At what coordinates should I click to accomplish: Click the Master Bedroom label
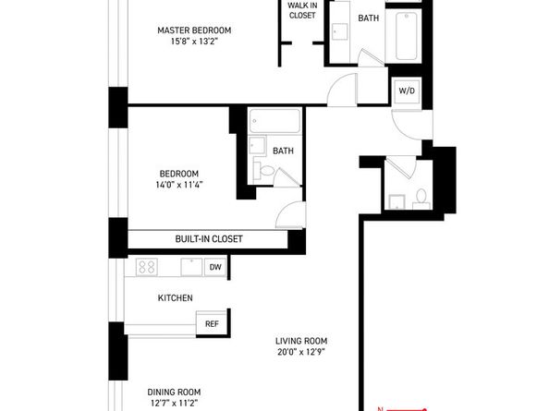click(193, 30)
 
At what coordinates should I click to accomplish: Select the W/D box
click(406, 91)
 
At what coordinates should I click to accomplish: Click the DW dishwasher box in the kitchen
click(214, 267)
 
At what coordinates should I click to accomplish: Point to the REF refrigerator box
click(212, 323)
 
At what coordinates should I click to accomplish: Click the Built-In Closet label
click(209, 239)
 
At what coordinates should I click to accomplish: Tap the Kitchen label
click(175, 297)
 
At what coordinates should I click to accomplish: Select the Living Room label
click(300, 339)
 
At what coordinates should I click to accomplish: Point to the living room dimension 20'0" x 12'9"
click(300, 351)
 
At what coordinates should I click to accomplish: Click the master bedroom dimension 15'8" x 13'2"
click(193, 42)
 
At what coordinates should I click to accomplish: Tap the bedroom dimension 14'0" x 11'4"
click(180, 185)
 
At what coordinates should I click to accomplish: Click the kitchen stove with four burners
click(147, 267)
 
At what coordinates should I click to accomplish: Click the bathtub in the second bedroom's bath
click(274, 122)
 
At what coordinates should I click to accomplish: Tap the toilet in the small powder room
click(421, 197)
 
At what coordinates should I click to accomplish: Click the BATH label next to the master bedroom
click(369, 18)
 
